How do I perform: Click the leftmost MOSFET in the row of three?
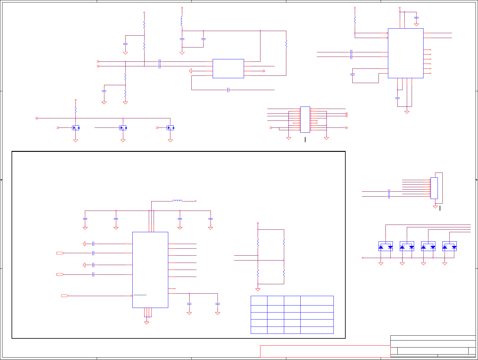(x=76, y=128)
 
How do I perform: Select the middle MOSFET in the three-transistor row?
(x=123, y=128)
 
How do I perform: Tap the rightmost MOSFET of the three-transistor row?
(x=171, y=128)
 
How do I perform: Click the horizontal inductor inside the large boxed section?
(x=177, y=201)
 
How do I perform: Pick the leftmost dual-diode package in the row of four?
(x=386, y=246)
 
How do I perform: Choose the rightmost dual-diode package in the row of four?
(x=449, y=246)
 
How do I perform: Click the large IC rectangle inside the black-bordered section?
(x=150, y=270)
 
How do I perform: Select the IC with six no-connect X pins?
(x=406, y=53)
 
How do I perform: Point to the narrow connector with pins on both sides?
(x=305, y=120)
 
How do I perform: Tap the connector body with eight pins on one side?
(x=434, y=188)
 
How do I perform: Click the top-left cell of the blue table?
(x=259, y=301)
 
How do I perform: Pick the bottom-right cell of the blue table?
(x=317, y=330)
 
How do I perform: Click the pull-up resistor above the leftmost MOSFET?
(x=76, y=110)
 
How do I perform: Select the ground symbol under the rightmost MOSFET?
(x=170, y=141)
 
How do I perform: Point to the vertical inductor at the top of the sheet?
(x=182, y=21)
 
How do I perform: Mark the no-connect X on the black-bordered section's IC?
(x=175, y=288)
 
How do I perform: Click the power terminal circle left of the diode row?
(x=363, y=258)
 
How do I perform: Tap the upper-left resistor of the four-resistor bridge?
(x=258, y=243)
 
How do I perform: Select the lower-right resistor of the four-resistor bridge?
(x=284, y=273)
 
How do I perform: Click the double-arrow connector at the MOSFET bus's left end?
(x=37, y=118)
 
